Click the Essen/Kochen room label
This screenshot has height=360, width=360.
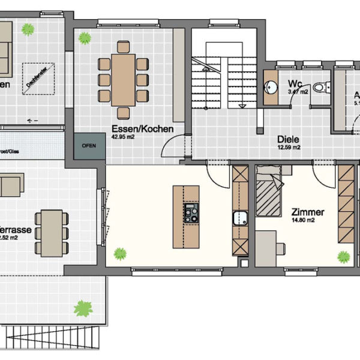[x=143, y=128]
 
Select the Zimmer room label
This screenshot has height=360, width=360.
[x=308, y=212]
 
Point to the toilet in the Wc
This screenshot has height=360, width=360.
[x=322, y=88]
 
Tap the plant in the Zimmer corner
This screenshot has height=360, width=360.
[x=343, y=257]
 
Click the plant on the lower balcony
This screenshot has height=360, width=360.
[x=83, y=309]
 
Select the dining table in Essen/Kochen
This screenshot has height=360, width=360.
[x=123, y=79]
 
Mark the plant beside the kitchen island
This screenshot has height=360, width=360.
[x=121, y=253]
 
